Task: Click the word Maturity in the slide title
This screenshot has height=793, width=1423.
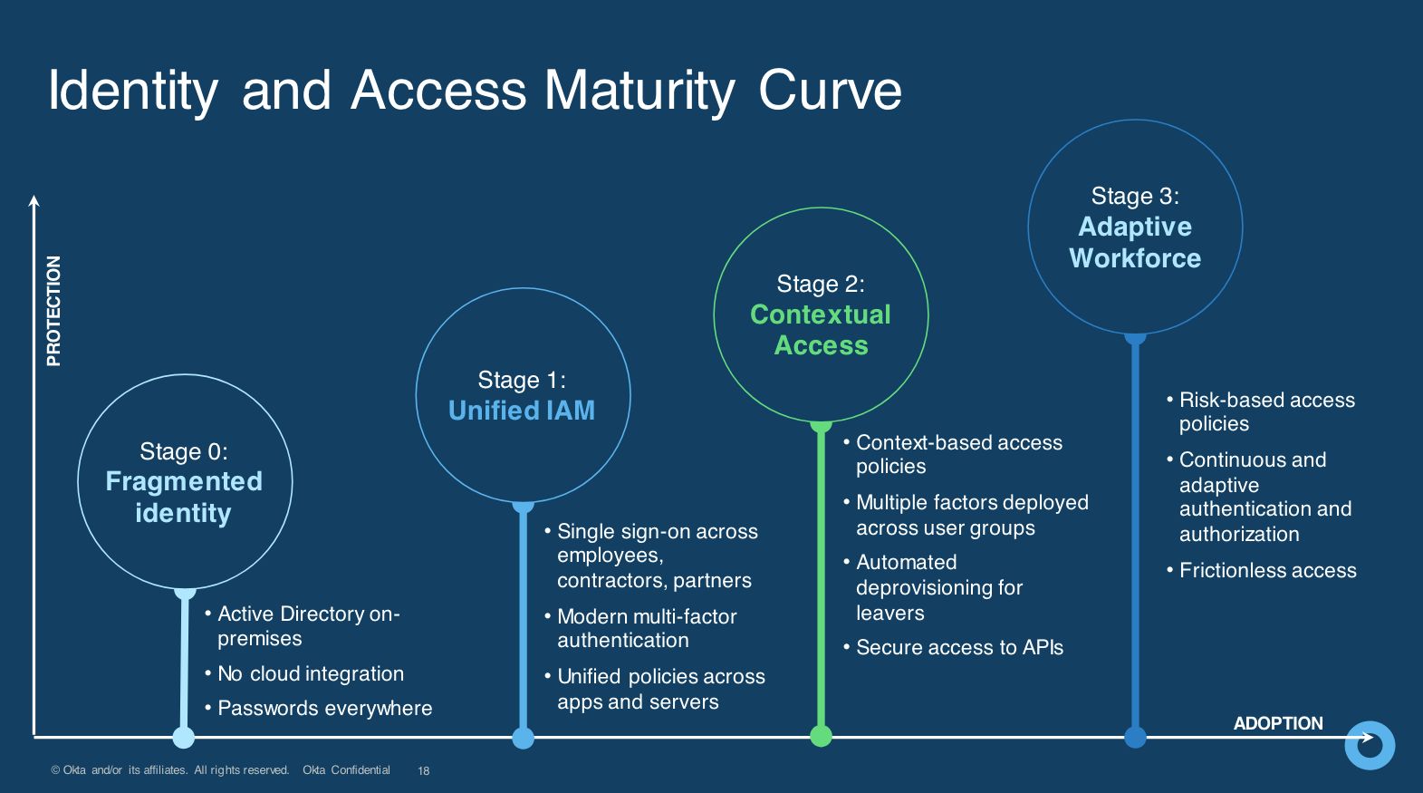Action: (x=639, y=91)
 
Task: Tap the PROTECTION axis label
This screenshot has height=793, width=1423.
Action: (x=53, y=310)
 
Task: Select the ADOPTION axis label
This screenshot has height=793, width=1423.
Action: (x=1278, y=723)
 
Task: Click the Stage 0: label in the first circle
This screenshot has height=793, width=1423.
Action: (x=184, y=451)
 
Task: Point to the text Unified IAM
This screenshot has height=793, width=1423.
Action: (x=522, y=411)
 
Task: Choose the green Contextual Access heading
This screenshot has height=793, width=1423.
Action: (x=821, y=330)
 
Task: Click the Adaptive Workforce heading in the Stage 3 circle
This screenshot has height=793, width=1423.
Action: (x=1135, y=242)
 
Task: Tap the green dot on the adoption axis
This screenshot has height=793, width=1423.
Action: (x=821, y=736)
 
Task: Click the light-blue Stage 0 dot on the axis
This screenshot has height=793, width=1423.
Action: (x=184, y=737)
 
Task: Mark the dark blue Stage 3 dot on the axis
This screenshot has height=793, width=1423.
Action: (x=1135, y=737)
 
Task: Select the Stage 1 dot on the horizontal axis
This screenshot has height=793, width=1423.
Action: (x=523, y=737)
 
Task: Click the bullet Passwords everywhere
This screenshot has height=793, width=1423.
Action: (x=324, y=708)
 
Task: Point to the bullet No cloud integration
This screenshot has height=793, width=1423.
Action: (x=311, y=673)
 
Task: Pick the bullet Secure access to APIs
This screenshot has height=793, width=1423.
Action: (x=959, y=647)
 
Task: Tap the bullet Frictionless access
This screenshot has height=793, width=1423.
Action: (x=1267, y=570)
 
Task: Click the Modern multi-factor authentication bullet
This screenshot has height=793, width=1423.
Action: (x=647, y=628)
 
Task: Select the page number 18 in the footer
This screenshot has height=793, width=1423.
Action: (x=423, y=771)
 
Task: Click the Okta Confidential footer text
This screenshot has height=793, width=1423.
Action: (x=346, y=770)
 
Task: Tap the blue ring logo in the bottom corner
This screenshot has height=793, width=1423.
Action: (x=1370, y=745)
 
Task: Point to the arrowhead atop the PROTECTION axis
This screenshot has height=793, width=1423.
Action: (x=34, y=200)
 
